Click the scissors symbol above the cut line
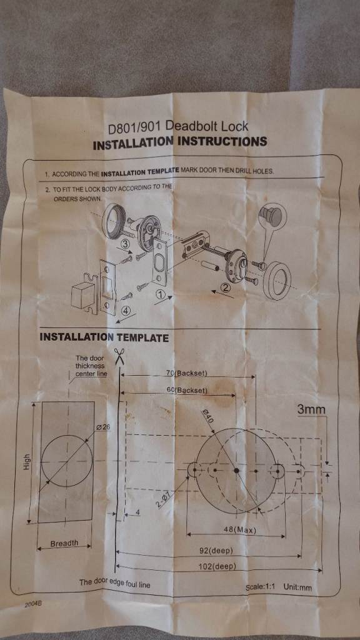[119, 357]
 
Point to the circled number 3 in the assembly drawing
[126, 244]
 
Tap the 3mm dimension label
[311, 410]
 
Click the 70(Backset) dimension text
[187, 372]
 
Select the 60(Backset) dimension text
[187, 390]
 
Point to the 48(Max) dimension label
[239, 530]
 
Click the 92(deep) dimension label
[216, 551]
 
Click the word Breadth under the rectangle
[64, 543]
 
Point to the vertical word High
[27, 461]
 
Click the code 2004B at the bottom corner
[33, 604]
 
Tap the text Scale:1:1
[261, 587]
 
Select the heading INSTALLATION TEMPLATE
[104, 337]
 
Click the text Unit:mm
[297, 587]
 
